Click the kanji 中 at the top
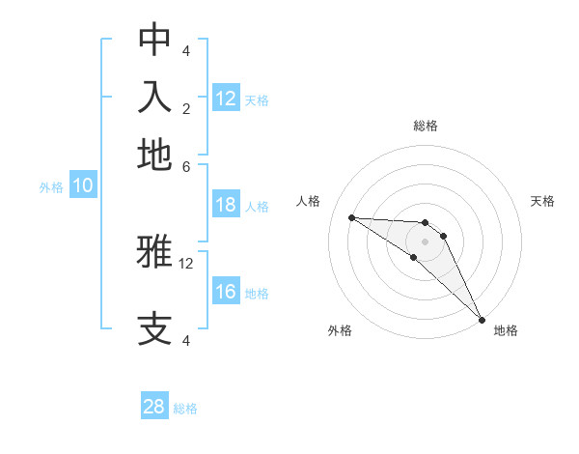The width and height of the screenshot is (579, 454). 154,40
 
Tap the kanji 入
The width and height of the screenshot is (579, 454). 154,98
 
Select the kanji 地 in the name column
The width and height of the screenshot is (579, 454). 154,155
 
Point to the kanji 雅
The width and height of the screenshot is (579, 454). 154,252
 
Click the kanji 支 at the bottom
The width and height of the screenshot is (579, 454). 154,329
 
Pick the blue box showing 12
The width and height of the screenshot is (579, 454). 226,99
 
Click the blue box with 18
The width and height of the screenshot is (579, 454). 226,205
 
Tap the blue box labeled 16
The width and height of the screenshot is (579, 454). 226,292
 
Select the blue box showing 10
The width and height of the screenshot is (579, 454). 83,186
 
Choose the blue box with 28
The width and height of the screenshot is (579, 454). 154,407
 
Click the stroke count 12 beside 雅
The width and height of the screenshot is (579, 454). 186,263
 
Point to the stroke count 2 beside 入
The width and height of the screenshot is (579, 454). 186,108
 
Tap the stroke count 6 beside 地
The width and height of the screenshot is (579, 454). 186,166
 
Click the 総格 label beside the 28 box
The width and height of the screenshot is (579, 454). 185,409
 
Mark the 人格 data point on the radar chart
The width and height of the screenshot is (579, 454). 351,217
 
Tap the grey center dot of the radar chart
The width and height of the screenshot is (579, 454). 425,241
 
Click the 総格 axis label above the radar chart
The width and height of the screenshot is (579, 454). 426,126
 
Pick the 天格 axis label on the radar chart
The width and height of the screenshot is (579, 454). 543,201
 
